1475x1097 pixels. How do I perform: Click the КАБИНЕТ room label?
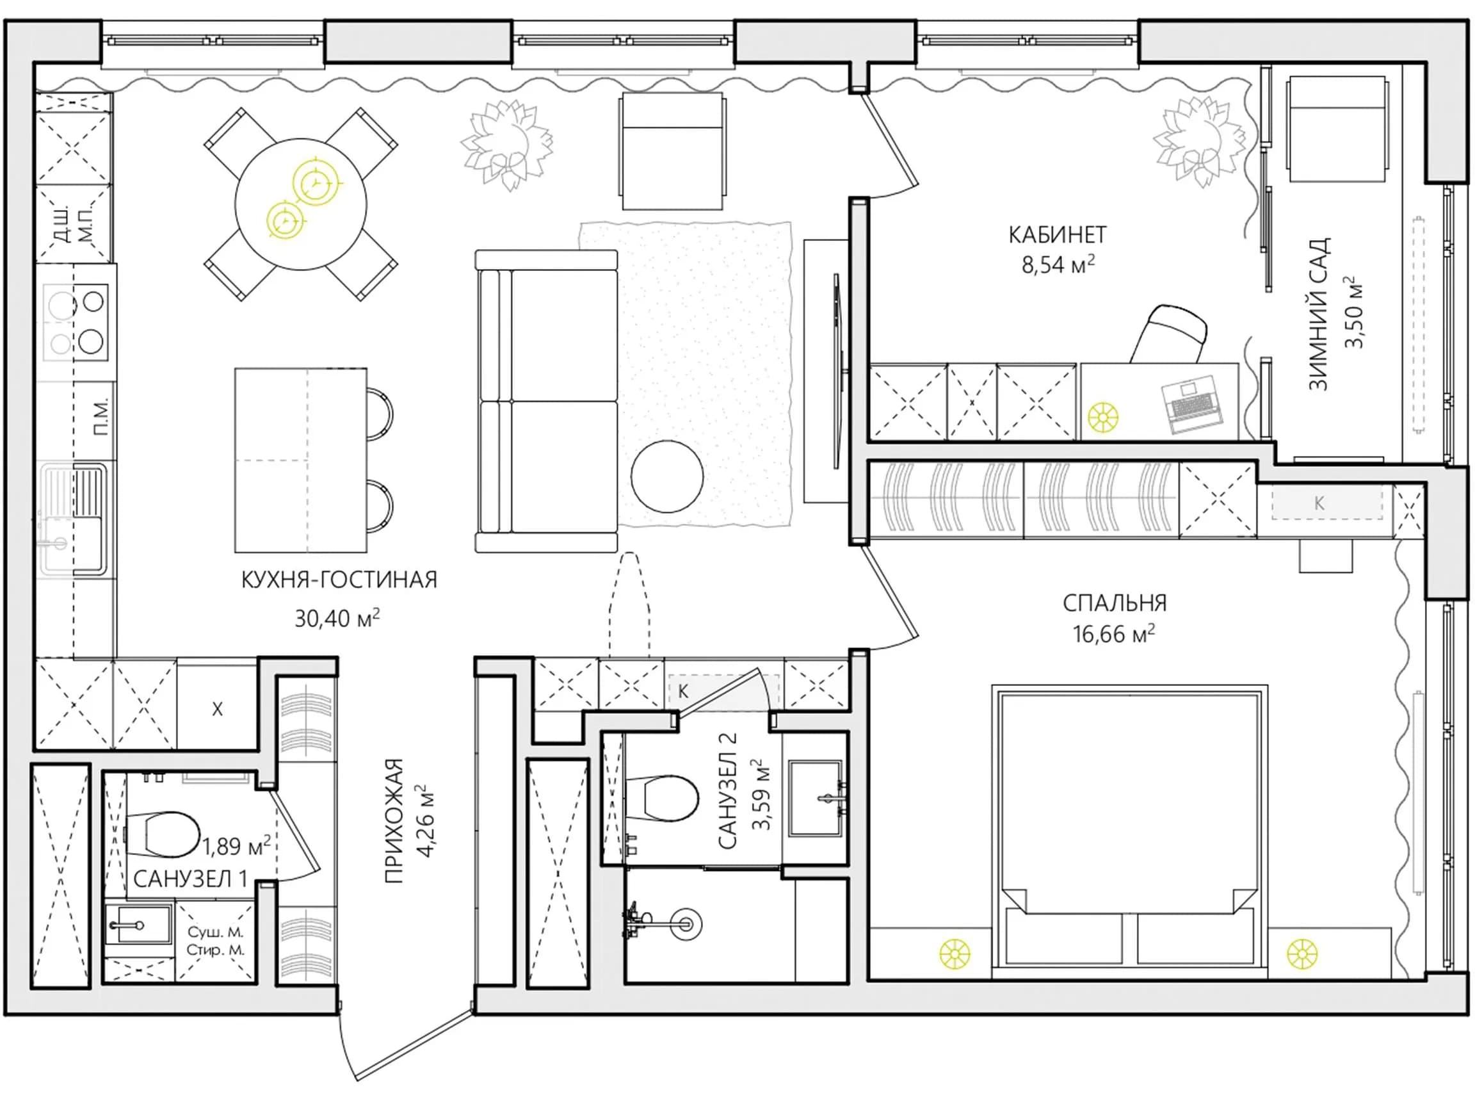point(1058,235)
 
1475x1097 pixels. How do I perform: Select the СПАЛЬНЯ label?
point(1115,603)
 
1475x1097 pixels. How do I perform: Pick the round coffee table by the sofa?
point(666,476)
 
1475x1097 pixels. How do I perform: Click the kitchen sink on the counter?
point(73,519)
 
